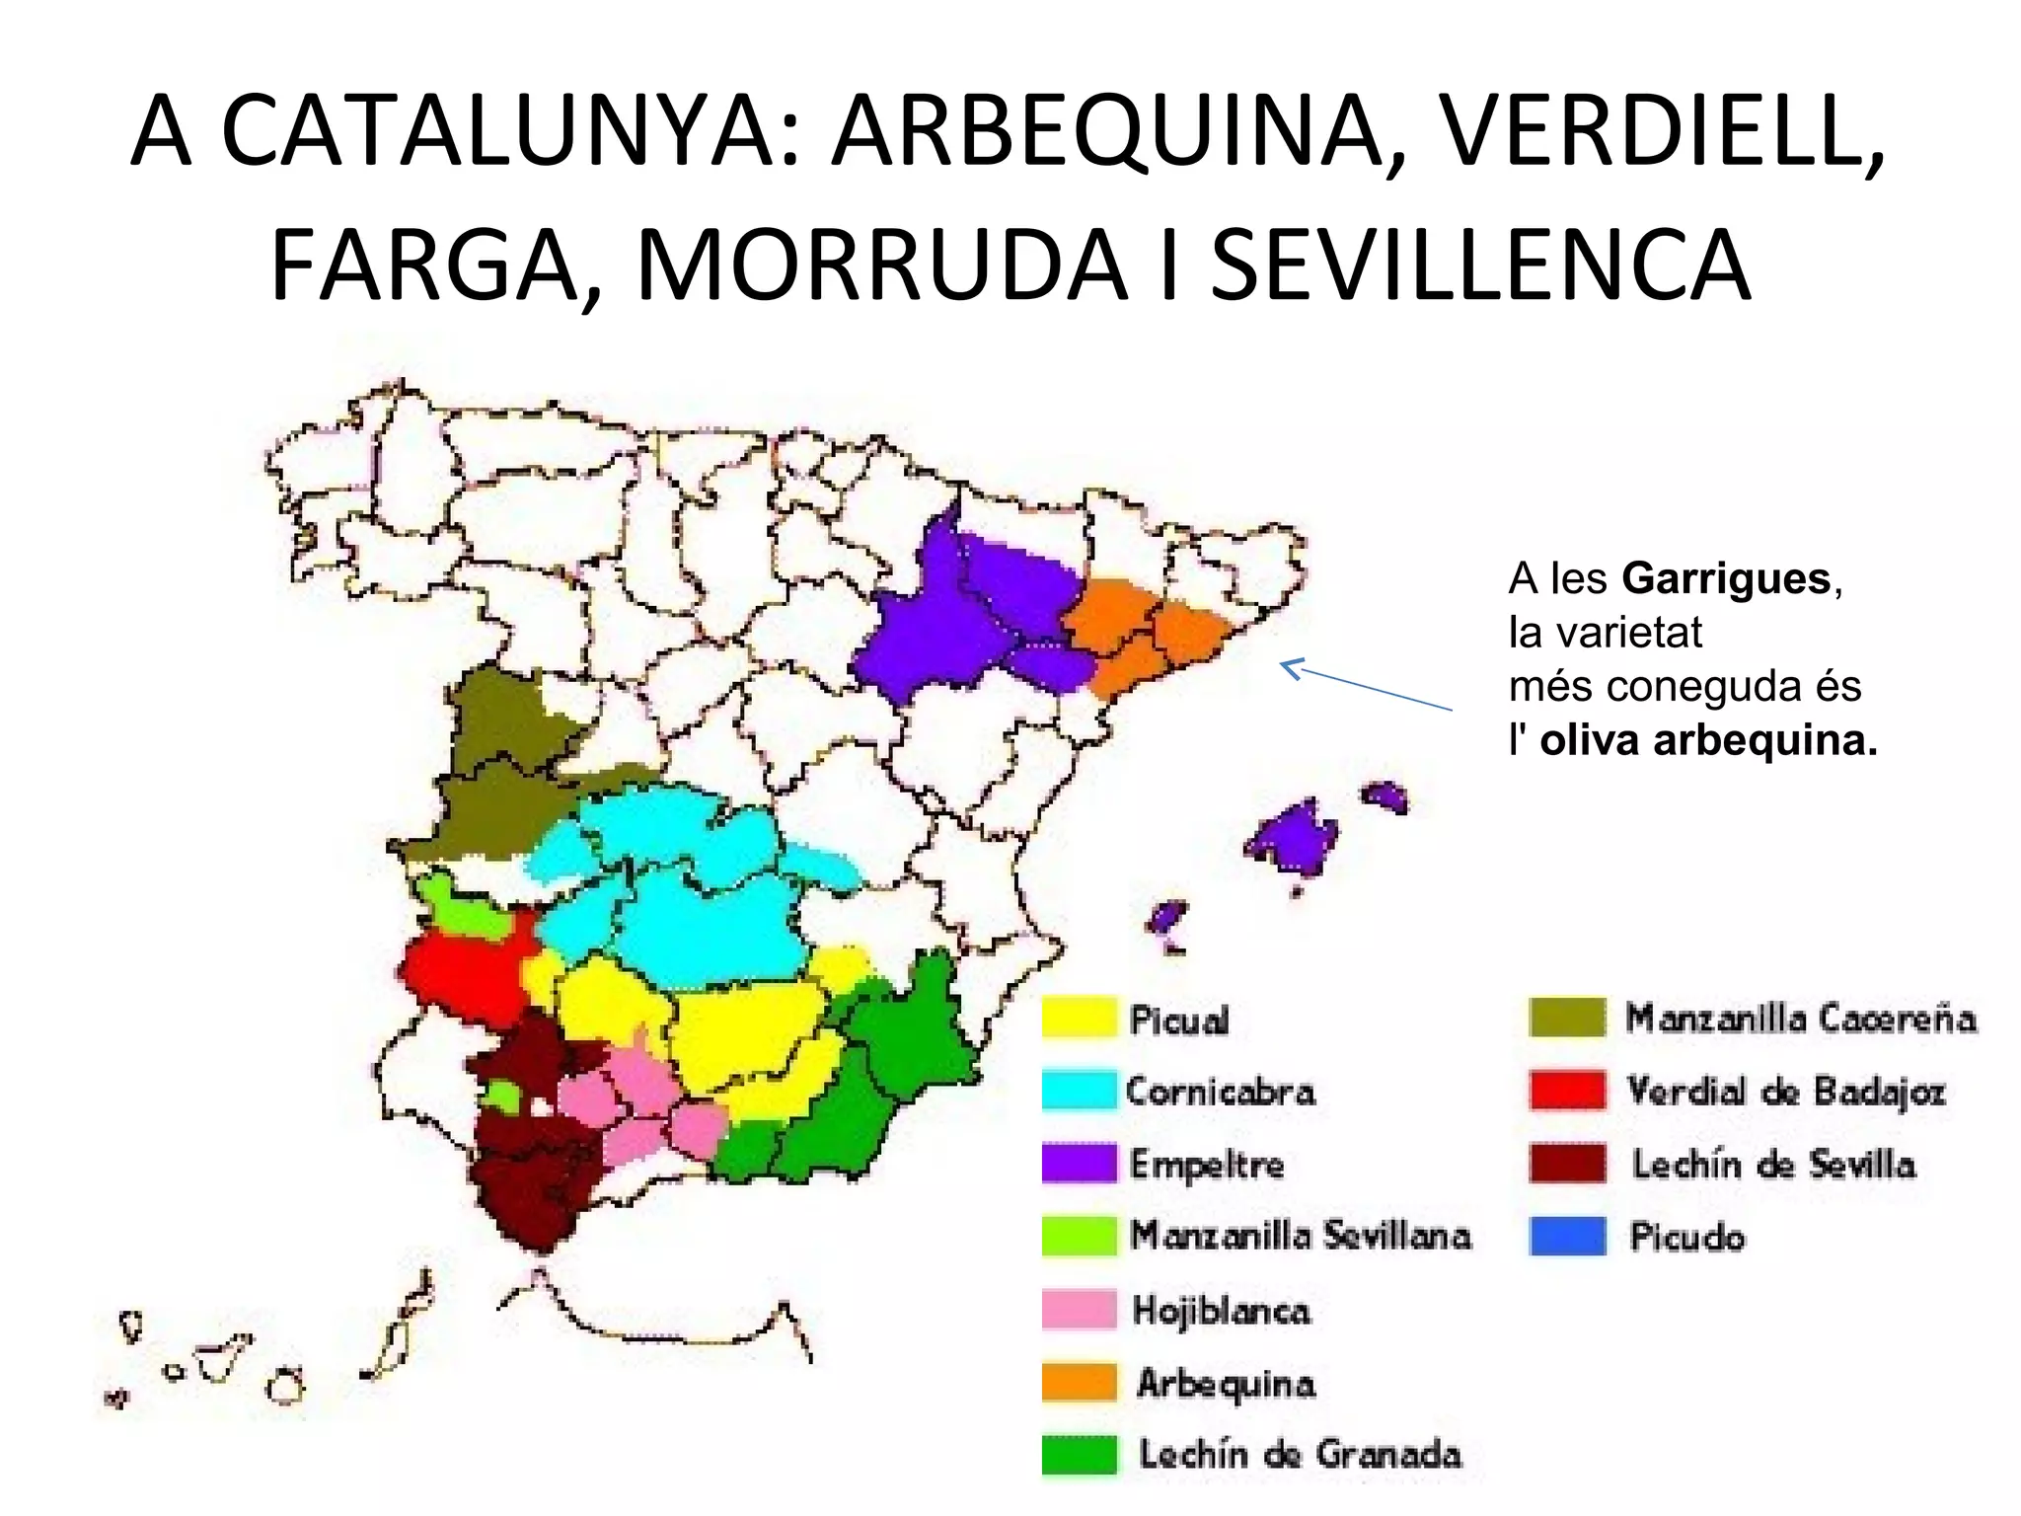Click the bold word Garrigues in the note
[x=1726, y=578]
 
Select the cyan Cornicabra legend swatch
[x=1079, y=1091]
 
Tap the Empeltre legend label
[x=1207, y=1165]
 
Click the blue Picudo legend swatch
[x=1567, y=1236]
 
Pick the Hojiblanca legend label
[x=1222, y=1311]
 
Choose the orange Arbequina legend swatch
[x=1079, y=1382]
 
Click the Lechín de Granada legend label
[x=1300, y=1455]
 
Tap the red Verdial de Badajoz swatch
[x=1567, y=1091]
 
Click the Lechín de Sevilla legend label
[x=1773, y=1165]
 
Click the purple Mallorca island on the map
[x=1293, y=837]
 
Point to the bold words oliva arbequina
[x=1707, y=740]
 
